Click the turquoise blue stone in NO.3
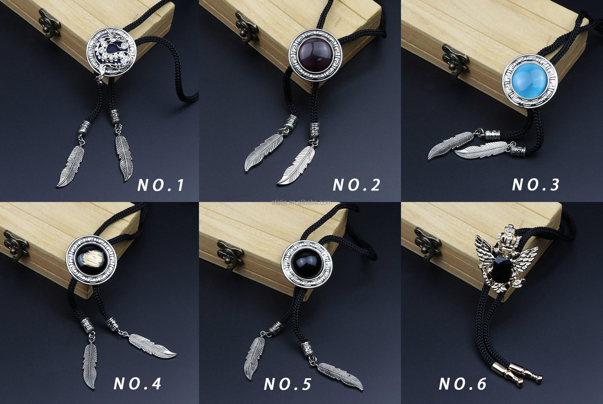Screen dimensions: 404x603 point(530,80)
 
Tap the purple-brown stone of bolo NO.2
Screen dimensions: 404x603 point(315,55)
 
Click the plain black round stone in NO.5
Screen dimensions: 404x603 point(307,264)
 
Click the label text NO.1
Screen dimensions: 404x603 point(161,185)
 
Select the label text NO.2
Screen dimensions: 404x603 point(356,185)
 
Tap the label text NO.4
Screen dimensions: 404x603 point(137,384)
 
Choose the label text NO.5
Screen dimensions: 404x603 point(287,384)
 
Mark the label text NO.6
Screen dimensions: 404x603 point(463,384)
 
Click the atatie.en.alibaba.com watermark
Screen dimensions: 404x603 point(301,203)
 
